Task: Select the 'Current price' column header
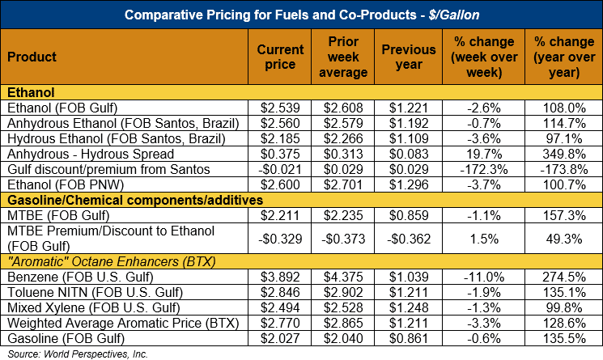[x=280, y=57]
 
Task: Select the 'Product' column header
[x=32, y=57]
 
